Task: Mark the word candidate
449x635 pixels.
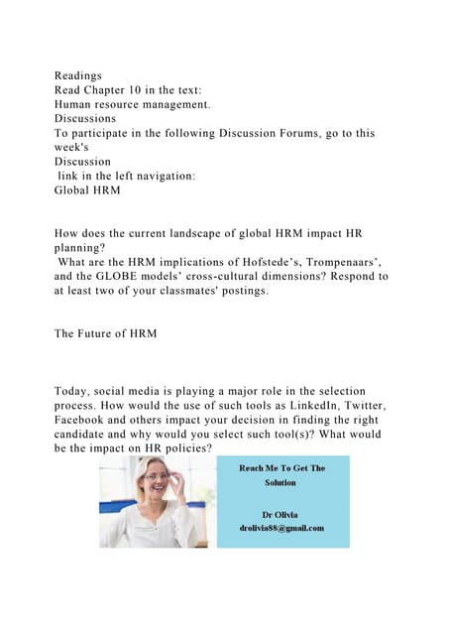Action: tap(90, 435)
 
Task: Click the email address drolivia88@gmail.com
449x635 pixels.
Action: tap(281, 528)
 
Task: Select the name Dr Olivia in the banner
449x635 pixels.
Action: tap(280, 514)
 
